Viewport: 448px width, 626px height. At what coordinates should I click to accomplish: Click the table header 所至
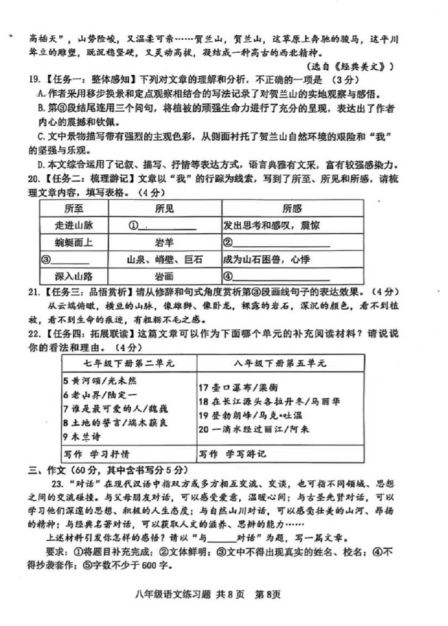click(69, 209)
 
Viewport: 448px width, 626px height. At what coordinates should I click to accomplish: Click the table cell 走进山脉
click(69, 226)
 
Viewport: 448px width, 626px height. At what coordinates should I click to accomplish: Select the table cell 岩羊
click(163, 242)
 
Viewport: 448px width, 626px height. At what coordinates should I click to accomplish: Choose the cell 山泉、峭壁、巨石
click(163, 259)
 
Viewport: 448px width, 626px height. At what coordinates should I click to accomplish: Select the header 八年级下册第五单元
click(280, 362)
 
